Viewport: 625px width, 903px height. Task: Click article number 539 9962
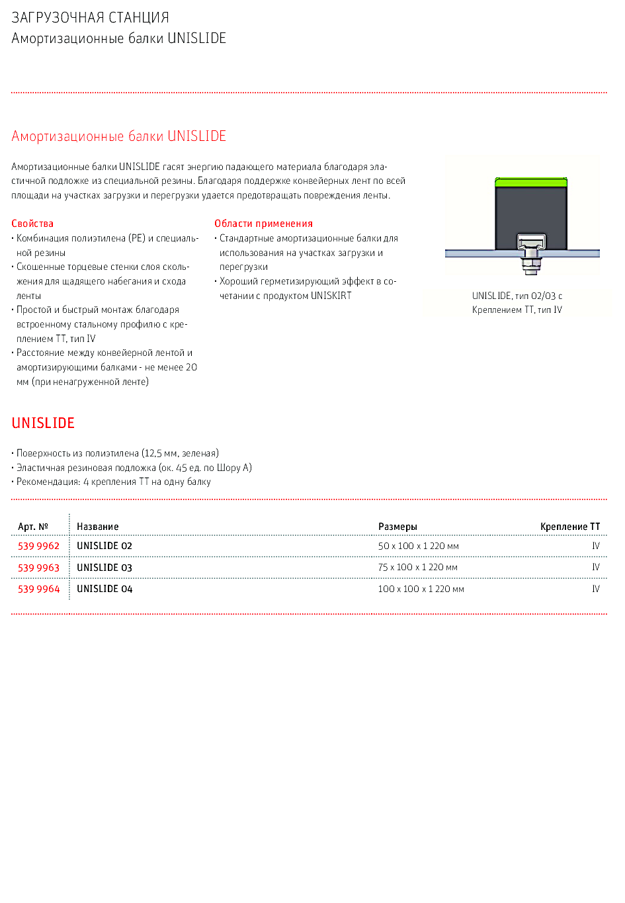point(38,546)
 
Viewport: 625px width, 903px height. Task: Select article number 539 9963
point(38,568)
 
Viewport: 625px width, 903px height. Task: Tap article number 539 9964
point(38,589)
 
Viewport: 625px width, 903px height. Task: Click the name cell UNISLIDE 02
point(104,546)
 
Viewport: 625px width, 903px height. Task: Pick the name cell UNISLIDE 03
point(104,568)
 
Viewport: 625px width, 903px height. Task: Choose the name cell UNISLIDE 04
point(104,589)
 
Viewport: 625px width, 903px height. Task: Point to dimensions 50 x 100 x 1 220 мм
point(418,546)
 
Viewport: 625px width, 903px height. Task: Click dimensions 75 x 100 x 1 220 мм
point(417,568)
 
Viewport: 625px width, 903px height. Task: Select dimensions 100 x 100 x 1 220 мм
point(421,589)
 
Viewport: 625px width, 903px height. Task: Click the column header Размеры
point(397,527)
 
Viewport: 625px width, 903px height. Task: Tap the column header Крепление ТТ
point(570,527)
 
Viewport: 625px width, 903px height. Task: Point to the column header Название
point(98,527)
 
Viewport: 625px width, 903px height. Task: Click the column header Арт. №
point(33,527)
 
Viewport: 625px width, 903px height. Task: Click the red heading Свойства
point(32,224)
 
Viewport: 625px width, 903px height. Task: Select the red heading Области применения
point(263,224)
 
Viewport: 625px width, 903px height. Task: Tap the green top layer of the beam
point(531,183)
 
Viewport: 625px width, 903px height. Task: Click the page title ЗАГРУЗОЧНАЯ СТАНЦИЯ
point(90,18)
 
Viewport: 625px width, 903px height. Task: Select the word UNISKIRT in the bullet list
point(331,296)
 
